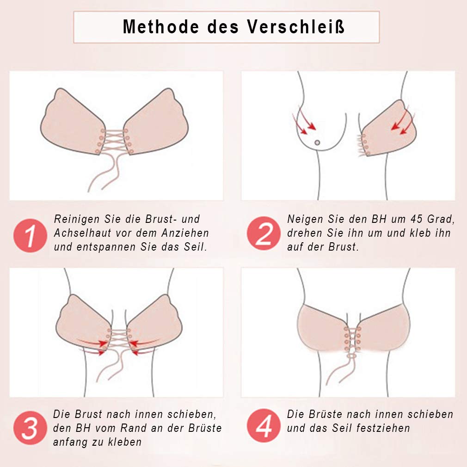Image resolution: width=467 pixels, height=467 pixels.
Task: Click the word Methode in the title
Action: click(161, 27)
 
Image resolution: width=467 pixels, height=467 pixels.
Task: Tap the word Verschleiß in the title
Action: click(296, 27)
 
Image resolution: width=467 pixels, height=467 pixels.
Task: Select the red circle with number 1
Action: click(30, 236)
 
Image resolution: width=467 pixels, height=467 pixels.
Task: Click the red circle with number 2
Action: click(264, 233)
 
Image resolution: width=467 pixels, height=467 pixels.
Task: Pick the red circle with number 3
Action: click(30, 428)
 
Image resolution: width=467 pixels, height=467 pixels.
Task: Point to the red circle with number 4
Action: click(264, 425)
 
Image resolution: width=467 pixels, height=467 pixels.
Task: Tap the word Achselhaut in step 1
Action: click(82, 233)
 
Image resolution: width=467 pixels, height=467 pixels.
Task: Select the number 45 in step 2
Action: click(416, 219)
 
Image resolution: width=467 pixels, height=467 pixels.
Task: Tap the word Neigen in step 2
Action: click(305, 219)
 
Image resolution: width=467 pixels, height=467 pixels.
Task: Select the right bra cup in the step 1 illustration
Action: click(156, 122)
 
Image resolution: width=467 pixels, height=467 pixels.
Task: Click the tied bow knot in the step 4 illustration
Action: click(352, 356)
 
